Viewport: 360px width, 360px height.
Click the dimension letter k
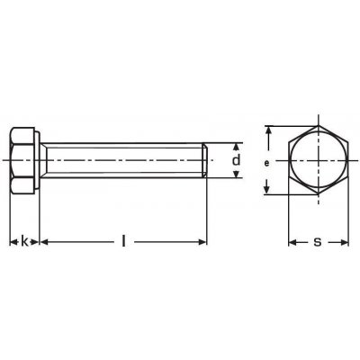tap(24, 241)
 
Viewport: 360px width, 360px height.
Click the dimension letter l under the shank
tap(123, 241)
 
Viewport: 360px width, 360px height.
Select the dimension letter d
tap(237, 160)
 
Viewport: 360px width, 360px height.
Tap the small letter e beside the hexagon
tap(266, 163)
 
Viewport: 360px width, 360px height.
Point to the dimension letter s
tap(318, 242)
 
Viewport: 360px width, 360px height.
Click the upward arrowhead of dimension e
tap(270, 131)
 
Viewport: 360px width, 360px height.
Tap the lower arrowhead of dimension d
tap(237, 174)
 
